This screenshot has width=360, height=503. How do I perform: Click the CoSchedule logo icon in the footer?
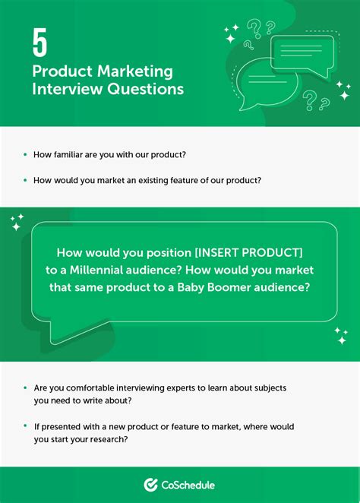pos(150,484)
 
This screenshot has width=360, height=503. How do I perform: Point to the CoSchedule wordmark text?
pos(189,484)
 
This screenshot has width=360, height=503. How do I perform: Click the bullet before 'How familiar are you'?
pos(26,154)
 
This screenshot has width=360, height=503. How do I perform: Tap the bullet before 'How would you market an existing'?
pos(26,180)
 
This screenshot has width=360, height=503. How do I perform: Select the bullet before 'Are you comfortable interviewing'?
pos(26,388)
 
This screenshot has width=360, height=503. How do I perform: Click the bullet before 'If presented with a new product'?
pos(26,426)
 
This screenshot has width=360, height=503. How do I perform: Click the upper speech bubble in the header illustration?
pos(302,52)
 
